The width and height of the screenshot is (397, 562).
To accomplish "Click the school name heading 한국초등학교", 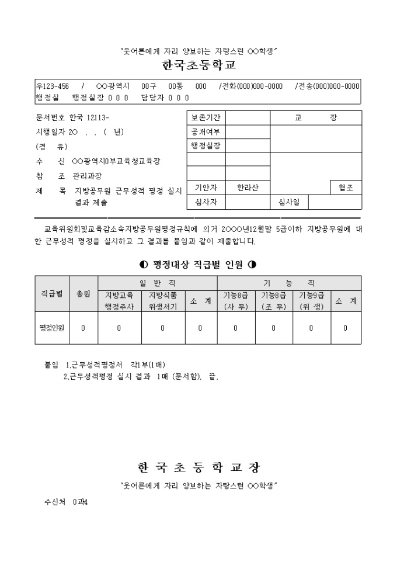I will (198, 65).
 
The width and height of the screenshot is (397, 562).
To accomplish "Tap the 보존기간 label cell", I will (206, 118).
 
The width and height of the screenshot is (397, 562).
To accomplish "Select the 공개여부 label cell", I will (206, 131).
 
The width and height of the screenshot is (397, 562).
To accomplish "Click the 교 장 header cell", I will (315, 118).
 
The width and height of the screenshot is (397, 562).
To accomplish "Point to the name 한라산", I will (248, 188).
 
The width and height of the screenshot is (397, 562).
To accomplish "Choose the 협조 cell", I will (346, 188).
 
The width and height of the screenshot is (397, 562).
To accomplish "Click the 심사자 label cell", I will (206, 202).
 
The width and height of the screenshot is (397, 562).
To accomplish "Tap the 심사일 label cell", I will (289, 202).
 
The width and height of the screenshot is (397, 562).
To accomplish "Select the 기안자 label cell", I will (206, 188).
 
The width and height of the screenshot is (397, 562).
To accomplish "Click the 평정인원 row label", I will (52, 328).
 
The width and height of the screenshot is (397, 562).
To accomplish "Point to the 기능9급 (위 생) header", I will (311, 301).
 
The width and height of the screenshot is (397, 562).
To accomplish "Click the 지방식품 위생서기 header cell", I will (163, 301).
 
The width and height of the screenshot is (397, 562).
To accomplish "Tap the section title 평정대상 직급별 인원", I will (198, 263).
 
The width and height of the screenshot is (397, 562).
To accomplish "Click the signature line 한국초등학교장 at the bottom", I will (198, 468).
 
